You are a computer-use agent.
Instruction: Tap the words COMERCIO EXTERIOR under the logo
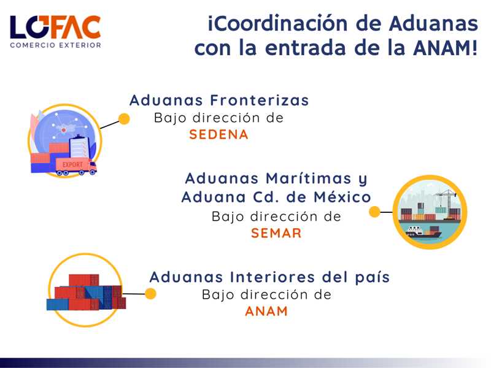click(x=55, y=45)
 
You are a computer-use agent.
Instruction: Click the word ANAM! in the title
click(x=446, y=48)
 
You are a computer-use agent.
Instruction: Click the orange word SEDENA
click(x=218, y=134)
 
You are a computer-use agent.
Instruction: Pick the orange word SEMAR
click(x=276, y=233)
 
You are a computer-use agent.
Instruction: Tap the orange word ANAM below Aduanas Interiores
click(x=266, y=312)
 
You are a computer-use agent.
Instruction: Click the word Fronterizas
click(x=259, y=101)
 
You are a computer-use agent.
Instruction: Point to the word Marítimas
click(x=309, y=178)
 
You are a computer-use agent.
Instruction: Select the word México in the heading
click(x=342, y=197)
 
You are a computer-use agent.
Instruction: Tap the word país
click(x=373, y=278)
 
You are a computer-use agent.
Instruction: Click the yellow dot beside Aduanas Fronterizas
click(x=125, y=119)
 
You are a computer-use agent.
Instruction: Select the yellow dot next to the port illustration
click(x=374, y=212)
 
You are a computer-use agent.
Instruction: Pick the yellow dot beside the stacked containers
click(x=150, y=294)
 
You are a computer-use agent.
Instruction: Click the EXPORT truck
click(x=76, y=166)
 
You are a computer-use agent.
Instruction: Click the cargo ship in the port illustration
click(x=423, y=232)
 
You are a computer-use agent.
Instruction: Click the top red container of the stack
click(x=83, y=280)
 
